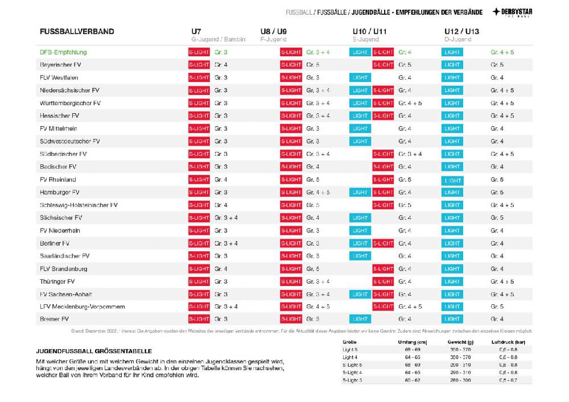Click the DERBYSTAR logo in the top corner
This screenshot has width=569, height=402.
512,12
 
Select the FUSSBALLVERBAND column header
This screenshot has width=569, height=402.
77,31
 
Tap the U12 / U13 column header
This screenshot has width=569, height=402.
461,31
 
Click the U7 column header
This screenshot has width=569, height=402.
196,31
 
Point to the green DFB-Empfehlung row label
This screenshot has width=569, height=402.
63,52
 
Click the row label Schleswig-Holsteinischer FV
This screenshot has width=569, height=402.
79,205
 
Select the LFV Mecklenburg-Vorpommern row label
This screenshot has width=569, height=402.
82,307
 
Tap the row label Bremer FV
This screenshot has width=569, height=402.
54,320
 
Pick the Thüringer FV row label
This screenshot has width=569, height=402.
57,281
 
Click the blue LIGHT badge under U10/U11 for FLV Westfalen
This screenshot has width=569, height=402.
360,78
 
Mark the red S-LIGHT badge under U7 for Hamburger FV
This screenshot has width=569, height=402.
199,192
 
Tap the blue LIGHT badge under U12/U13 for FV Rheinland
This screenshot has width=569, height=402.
452,180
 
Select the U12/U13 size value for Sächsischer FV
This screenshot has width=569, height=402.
497,218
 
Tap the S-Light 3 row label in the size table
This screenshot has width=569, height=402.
352,379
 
